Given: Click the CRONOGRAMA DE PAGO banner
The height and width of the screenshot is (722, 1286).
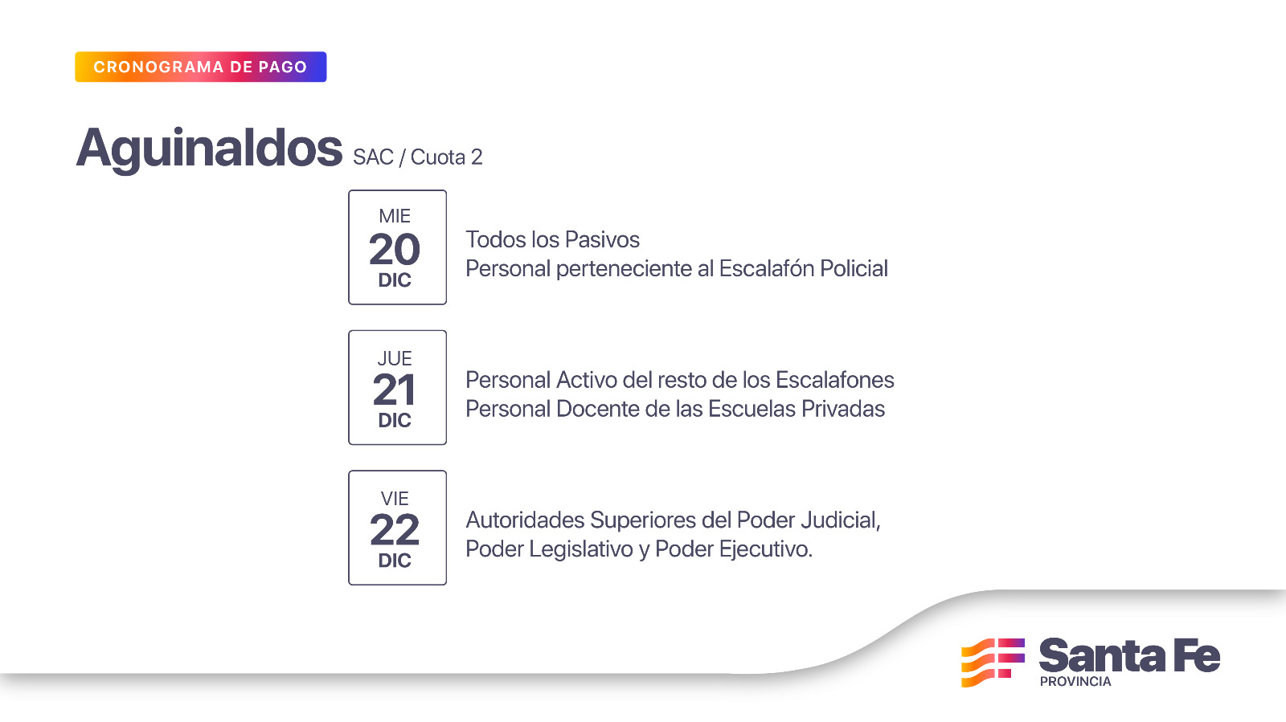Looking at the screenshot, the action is (x=200, y=67).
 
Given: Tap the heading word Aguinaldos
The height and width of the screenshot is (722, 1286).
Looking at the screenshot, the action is (x=209, y=149).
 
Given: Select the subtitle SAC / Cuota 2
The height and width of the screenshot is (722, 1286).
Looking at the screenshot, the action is (x=417, y=157).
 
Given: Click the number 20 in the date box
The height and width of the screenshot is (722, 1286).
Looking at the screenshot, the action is (x=395, y=250).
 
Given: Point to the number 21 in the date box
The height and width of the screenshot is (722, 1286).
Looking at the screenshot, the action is (x=395, y=390).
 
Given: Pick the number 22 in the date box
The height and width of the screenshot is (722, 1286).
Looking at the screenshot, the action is (x=395, y=530).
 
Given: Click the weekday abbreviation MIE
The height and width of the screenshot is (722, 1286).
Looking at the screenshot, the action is (x=395, y=216).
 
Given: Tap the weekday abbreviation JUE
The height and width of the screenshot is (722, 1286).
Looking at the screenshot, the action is (x=395, y=358).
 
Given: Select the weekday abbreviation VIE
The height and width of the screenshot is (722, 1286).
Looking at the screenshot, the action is (x=395, y=499).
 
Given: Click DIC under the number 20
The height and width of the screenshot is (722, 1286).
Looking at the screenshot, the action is (x=395, y=280).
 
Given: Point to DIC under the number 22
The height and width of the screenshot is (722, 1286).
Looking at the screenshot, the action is (x=395, y=561).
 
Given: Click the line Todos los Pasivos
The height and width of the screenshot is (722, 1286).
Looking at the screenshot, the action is (x=552, y=239).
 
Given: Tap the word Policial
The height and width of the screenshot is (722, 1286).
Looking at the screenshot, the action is (x=854, y=268).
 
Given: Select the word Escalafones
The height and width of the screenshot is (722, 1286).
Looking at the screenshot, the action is (x=835, y=380).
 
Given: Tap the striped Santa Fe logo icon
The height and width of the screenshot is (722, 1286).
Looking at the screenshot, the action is (x=993, y=663).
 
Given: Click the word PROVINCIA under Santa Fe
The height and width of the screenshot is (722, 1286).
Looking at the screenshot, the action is (x=1075, y=682).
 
